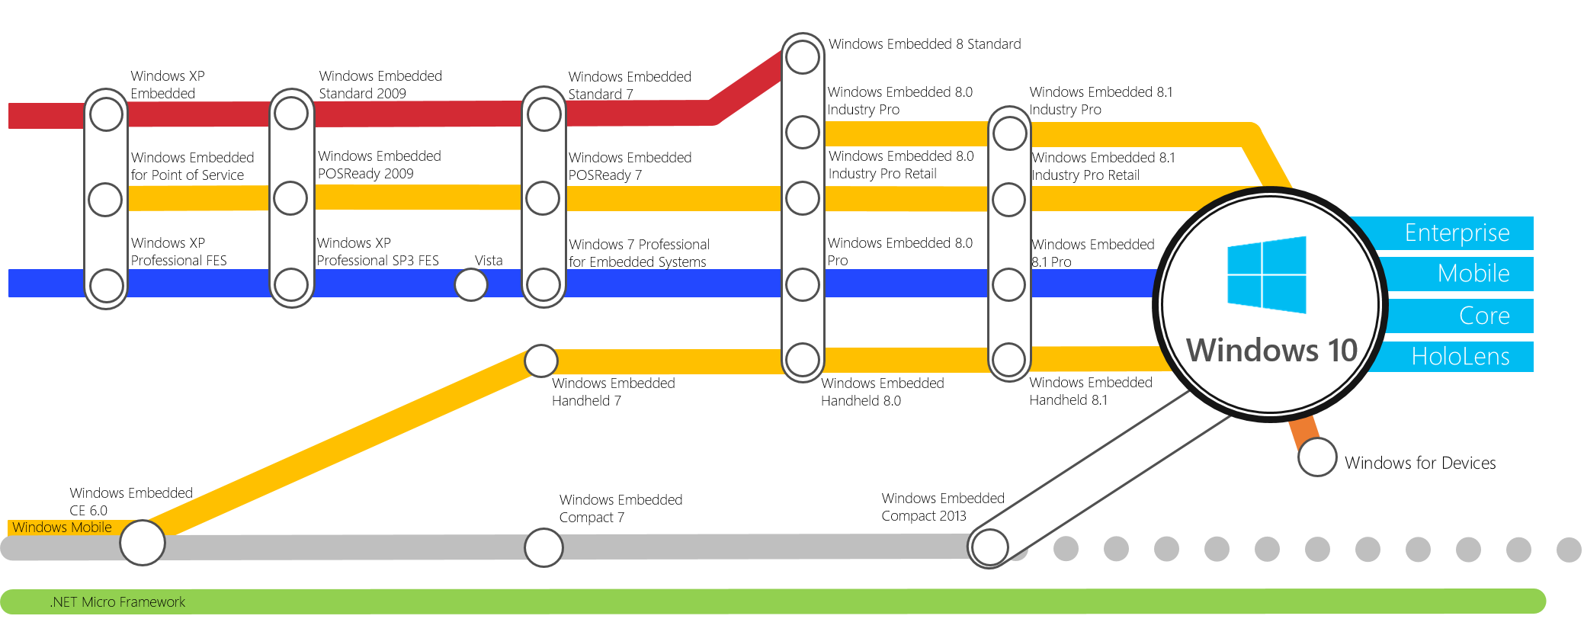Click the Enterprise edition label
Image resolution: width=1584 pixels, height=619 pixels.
point(1457,233)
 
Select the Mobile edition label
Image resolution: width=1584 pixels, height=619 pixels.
point(1473,274)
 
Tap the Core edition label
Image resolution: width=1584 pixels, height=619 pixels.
point(1483,316)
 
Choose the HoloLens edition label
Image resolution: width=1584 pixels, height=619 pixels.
point(1460,356)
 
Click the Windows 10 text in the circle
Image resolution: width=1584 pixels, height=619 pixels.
point(1271,351)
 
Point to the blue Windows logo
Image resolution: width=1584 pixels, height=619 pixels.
point(1266,274)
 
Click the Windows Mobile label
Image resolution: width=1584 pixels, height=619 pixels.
point(62,528)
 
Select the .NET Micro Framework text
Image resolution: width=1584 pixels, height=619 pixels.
point(117,602)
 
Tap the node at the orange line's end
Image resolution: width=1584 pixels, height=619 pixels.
point(1317,457)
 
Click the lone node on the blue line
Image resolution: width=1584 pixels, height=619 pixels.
point(471,285)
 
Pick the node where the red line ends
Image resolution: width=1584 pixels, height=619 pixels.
point(803,57)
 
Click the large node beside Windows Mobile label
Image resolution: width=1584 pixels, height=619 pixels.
point(143,543)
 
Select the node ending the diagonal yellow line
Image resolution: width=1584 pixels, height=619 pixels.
point(541,361)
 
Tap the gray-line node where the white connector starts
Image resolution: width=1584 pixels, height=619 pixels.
point(989,547)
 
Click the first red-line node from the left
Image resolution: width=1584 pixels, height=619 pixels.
point(106,115)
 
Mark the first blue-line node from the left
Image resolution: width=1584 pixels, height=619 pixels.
point(106,286)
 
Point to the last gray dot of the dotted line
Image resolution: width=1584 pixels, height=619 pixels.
point(1568,549)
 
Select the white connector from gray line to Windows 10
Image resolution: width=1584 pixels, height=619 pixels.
point(1105,473)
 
